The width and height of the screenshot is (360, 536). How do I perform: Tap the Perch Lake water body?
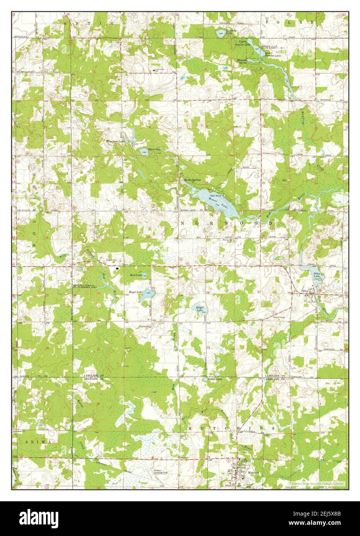[143, 152]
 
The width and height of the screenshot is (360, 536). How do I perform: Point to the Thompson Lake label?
[115, 142]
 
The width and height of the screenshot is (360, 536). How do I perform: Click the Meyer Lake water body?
[150, 294]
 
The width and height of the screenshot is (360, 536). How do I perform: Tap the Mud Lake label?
[135, 275]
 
